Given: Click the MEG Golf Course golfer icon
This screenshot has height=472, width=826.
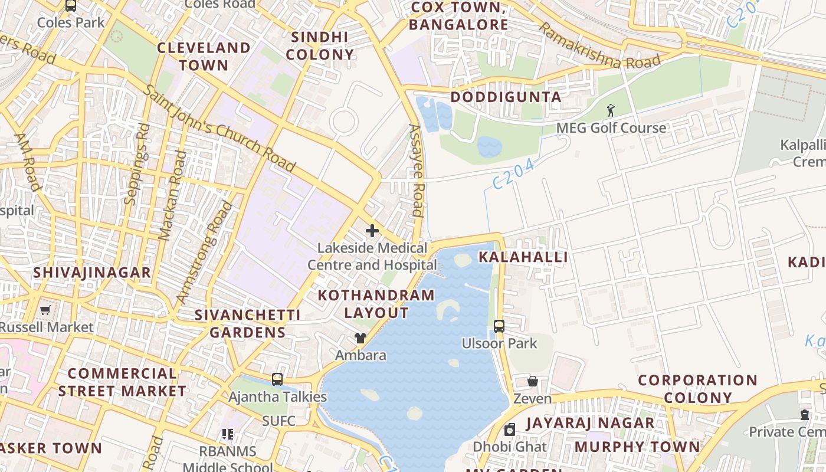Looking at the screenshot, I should (611, 110).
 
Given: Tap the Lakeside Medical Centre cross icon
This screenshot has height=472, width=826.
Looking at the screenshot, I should (372, 231).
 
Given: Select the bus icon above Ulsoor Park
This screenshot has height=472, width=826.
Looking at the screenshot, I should (499, 326).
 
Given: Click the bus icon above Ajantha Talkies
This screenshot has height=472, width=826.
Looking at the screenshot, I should (277, 379).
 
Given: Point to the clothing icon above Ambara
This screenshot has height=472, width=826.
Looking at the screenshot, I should (360, 338).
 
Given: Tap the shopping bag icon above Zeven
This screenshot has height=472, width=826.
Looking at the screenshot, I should (533, 381).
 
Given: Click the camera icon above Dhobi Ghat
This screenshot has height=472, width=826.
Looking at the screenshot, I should (510, 430).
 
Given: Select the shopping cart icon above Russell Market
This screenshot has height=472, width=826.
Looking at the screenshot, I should (45, 310).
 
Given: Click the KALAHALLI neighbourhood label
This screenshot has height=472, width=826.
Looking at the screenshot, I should (523, 257).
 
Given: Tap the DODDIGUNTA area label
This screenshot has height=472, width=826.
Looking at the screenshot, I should (506, 97).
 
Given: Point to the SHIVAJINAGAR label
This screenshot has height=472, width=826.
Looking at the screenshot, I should (92, 273).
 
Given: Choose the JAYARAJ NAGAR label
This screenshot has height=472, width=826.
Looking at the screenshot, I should (590, 423).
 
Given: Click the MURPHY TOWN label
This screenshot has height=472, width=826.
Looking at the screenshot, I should (637, 447).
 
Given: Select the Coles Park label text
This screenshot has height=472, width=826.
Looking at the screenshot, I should (71, 22).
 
